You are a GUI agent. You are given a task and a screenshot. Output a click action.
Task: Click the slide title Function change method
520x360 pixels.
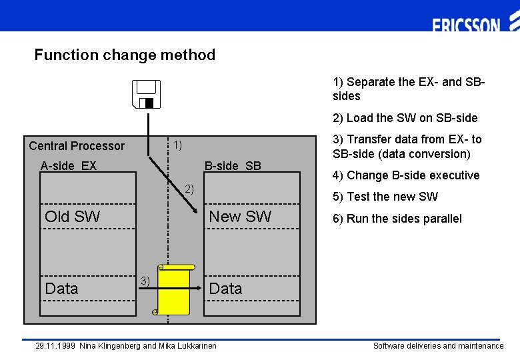tap(125, 55)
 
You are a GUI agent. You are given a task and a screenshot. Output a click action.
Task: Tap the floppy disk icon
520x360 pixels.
tap(146, 94)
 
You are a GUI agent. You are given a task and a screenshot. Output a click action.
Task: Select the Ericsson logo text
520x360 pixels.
tap(466, 25)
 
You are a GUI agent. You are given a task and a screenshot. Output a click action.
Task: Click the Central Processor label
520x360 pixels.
tap(77, 146)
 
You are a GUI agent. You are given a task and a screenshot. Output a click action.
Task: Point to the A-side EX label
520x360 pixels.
tap(68, 165)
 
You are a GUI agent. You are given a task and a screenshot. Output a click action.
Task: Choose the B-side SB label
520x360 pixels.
tap(233, 165)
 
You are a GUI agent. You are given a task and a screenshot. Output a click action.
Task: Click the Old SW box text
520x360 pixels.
tap(72, 216)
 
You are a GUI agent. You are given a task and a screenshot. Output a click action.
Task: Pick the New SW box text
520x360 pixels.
tap(240, 216)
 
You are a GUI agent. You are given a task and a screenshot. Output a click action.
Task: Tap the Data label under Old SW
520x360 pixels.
tap(61, 289)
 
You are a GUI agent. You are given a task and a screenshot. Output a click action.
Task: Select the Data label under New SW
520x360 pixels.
tap(225, 289)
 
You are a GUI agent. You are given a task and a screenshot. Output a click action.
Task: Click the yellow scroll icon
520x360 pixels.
tap(175, 289)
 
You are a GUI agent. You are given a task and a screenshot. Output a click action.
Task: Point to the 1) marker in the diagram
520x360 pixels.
tap(178, 145)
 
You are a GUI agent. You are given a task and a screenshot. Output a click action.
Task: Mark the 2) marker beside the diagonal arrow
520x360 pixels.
tap(189, 189)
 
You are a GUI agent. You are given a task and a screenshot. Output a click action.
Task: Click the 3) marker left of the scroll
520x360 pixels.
tap(145, 281)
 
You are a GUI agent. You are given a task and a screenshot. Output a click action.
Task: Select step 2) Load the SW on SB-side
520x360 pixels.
tap(405, 118)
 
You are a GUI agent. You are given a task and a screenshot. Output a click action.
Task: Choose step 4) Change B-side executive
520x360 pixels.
tap(406, 175)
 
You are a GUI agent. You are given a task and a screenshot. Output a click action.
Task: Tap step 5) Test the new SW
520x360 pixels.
tap(385, 197)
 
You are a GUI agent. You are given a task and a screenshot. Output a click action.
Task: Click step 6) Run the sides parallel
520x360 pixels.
tap(397, 219)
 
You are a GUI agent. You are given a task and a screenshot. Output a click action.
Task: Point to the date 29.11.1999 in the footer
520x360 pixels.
tap(55, 346)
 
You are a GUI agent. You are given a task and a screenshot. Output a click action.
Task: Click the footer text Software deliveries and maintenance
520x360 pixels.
tap(438, 346)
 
